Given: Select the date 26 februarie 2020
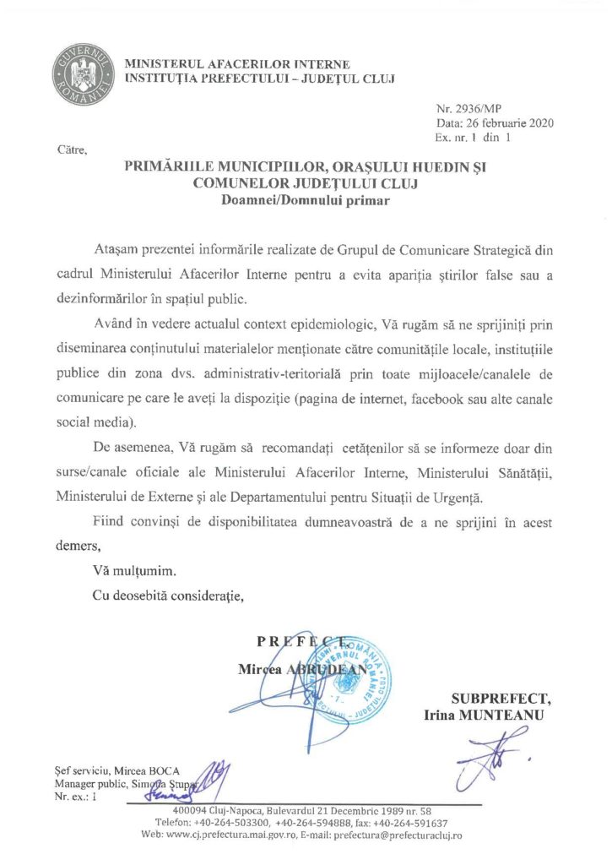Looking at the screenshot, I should (x=507, y=123).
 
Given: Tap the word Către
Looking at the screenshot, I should (x=68, y=150).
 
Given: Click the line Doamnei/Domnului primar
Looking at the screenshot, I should (x=306, y=200).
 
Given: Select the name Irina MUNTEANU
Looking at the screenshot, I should (x=484, y=715).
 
